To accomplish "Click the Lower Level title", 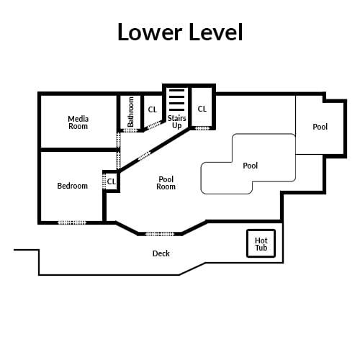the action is click(180, 32).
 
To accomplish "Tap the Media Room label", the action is click(78, 122).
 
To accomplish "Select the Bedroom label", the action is click(72, 186).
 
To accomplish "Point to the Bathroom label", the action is click(130, 112).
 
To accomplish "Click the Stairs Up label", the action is click(177, 122).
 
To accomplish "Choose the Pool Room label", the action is click(166, 183).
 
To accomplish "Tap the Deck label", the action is click(161, 253).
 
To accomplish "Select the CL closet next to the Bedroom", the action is click(112, 181).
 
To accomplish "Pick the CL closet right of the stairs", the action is click(202, 109).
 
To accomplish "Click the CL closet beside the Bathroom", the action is click(153, 109).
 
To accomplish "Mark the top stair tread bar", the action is click(177, 91).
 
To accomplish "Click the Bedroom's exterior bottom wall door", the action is click(72, 222).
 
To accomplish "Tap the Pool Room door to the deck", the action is click(160, 234).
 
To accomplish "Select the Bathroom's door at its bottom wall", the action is click(130, 130).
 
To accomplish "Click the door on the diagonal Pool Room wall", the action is click(144, 156).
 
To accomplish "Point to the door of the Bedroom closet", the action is click(104, 181).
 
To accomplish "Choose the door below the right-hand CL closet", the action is click(202, 128).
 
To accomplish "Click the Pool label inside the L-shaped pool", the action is click(251, 166).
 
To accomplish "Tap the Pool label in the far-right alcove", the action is click(320, 127).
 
